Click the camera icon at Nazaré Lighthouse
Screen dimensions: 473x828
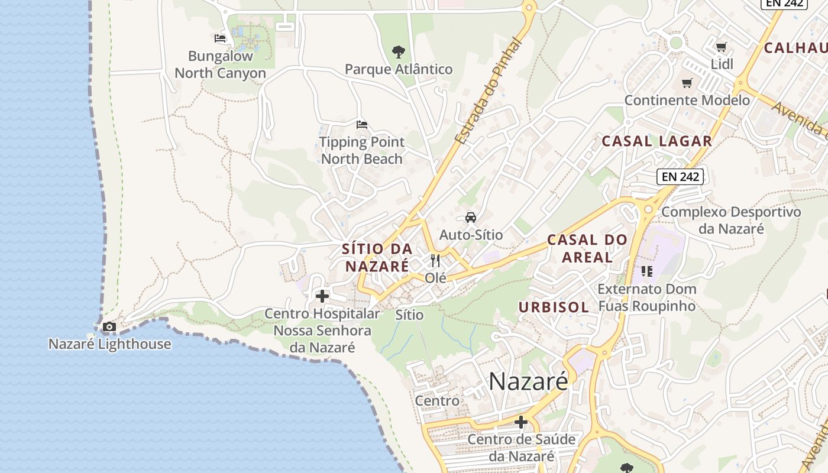pos(109,326)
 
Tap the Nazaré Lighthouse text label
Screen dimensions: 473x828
pos(110,344)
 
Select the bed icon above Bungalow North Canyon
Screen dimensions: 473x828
pos(220,38)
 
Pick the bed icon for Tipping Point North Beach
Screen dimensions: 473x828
pos(362,124)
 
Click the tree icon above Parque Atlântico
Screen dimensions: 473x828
pos(399,52)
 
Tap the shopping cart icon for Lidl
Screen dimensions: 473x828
pos(721,47)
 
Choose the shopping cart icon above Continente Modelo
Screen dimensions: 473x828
pos(687,83)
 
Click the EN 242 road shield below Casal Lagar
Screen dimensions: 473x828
pos(680,176)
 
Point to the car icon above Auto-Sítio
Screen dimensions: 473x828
pos(471,218)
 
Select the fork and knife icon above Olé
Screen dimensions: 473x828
pos(436,260)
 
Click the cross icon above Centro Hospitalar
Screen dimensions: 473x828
pos(322,296)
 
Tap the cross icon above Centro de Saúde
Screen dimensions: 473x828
pos(521,422)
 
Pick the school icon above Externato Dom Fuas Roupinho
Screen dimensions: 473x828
pos(646,271)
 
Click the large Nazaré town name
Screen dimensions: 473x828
pos(528,381)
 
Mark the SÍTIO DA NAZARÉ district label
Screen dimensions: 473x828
pos(377,257)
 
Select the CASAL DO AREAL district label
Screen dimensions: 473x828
pos(587,248)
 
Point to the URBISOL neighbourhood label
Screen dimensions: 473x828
pos(554,307)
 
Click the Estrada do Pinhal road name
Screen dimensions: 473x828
pos(490,92)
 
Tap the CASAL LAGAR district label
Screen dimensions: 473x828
pos(656,141)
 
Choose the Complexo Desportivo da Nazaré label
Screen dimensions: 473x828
pos(731,220)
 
